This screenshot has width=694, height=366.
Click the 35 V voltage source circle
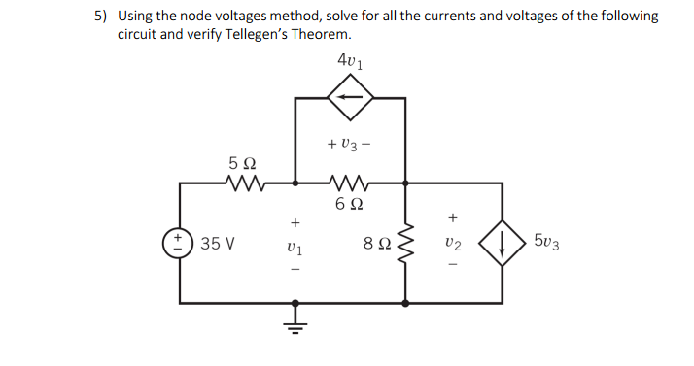(180, 242)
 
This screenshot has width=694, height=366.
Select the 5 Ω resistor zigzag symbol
(241, 182)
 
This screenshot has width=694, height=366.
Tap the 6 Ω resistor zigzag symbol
(350, 182)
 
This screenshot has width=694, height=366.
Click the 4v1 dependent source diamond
(350, 97)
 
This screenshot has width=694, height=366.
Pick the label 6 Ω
(350, 204)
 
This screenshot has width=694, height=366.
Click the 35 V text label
(218, 242)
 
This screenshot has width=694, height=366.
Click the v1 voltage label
(293, 245)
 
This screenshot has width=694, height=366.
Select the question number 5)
(102, 16)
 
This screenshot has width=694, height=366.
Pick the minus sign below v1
(293, 270)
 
